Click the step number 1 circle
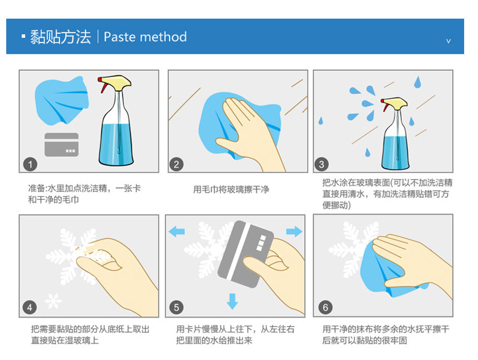[x=30, y=164]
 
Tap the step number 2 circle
[x=176, y=164]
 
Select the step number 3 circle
[x=321, y=164]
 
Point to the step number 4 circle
[x=30, y=307]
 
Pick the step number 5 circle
[x=176, y=307]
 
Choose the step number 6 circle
[x=325, y=307]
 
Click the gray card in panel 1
[x=62, y=145]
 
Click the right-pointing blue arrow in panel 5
[x=294, y=232]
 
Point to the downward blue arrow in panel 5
[x=232, y=301]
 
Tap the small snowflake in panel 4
[x=54, y=301]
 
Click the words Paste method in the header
[x=145, y=37]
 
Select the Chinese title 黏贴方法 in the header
[x=60, y=37]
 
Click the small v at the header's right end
[x=448, y=41]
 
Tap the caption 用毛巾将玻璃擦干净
[x=231, y=189]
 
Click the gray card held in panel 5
[x=245, y=254]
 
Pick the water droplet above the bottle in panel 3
[x=418, y=82]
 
